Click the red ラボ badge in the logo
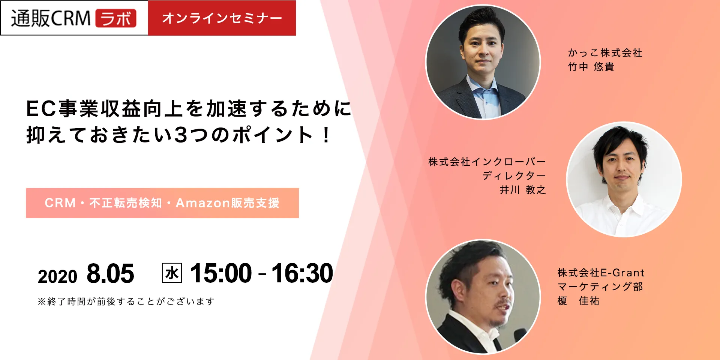click(x=116, y=18)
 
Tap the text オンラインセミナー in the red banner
click(x=222, y=18)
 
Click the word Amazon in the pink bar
click(x=203, y=203)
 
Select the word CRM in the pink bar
click(x=60, y=203)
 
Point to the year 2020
click(x=57, y=277)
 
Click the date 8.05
click(x=110, y=273)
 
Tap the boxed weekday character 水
click(x=172, y=273)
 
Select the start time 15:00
click(x=221, y=273)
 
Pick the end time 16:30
click(x=302, y=273)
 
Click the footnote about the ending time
click(x=126, y=301)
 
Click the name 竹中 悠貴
click(x=591, y=67)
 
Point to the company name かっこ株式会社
click(x=605, y=53)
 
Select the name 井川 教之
click(x=523, y=190)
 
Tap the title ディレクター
click(x=514, y=175)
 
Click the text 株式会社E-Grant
click(x=601, y=273)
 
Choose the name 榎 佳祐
click(x=578, y=301)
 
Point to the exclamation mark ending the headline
click(x=327, y=135)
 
